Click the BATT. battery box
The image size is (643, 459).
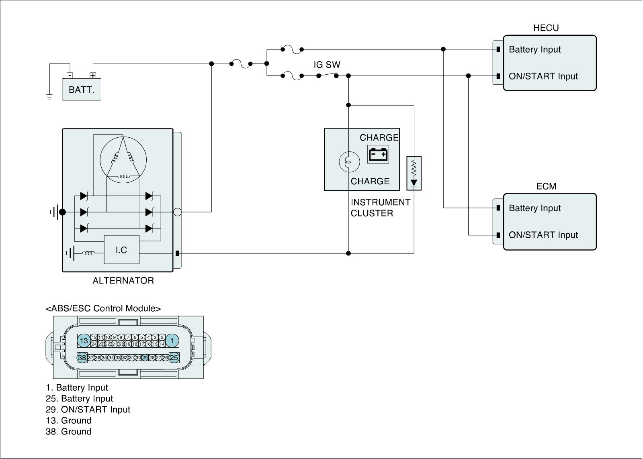pyautogui.click(x=82, y=90)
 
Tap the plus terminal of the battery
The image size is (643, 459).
pyautogui.click(x=93, y=75)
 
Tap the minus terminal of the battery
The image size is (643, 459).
pyautogui.click(x=70, y=75)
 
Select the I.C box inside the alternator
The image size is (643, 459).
pyautogui.click(x=121, y=250)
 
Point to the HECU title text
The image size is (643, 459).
pyautogui.click(x=546, y=28)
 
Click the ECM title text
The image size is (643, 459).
pyautogui.click(x=546, y=186)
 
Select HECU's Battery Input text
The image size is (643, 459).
pyautogui.click(x=534, y=49)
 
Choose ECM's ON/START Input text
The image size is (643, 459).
pyautogui.click(x=543, y=235)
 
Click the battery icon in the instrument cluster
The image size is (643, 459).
pyautogui.click(x=378, y=154)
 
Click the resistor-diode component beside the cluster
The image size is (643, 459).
pyautogui.click(x=414, y=173)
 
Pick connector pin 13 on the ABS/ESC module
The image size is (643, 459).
pyautogui.click(x=84, y=341)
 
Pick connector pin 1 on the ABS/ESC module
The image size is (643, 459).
pyautogui.click(x=172, y=341)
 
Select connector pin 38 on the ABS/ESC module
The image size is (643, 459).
pyautogui.click(x=82, y=357)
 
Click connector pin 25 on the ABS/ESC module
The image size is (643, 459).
pyautogui.click(x=174, y=357)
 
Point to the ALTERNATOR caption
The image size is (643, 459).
pyautogui.click(x=123, y=281)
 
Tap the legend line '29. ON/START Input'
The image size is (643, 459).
pyautogui.click(x=88, y=410)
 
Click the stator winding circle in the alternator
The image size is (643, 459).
pyautogui.click(x=123, y=159)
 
